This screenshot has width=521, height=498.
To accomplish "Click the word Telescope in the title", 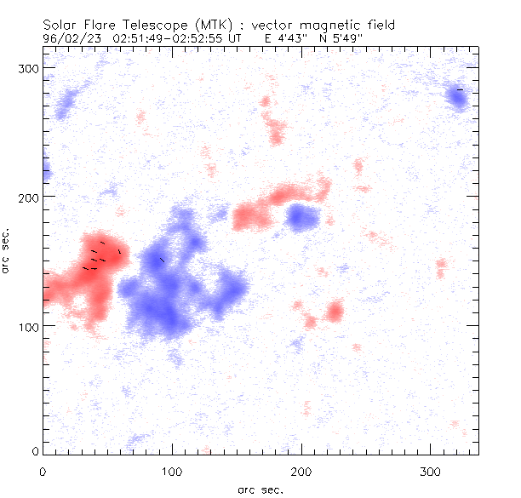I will point(148,25).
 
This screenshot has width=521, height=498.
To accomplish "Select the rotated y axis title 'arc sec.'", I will point(7,250).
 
